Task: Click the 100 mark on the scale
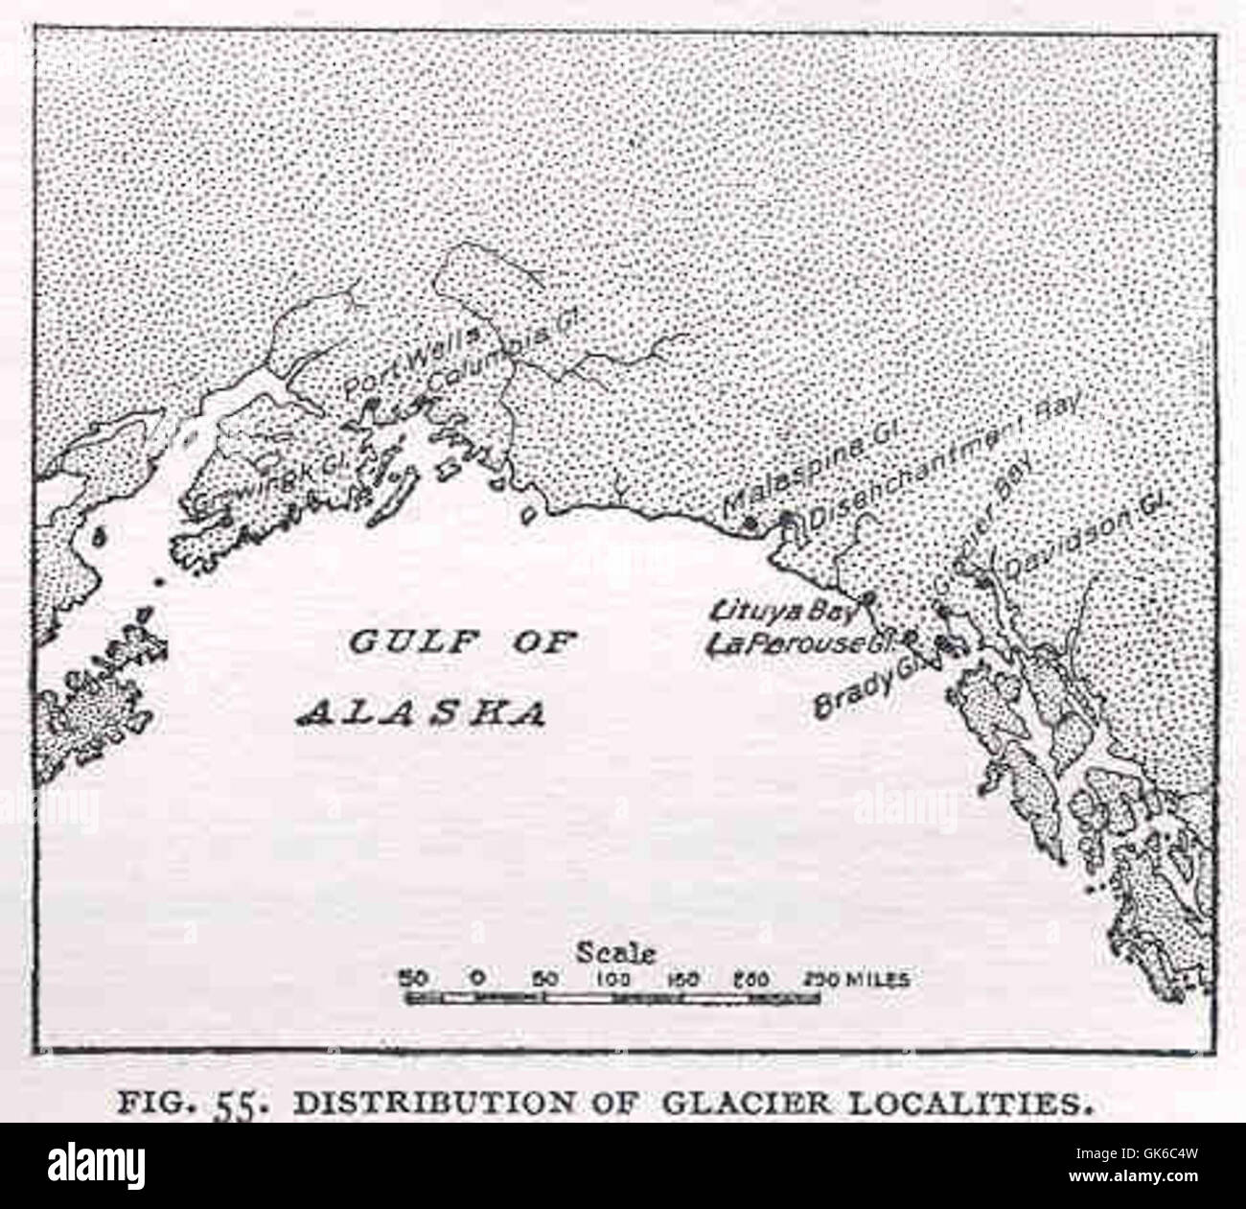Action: (613, 979)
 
